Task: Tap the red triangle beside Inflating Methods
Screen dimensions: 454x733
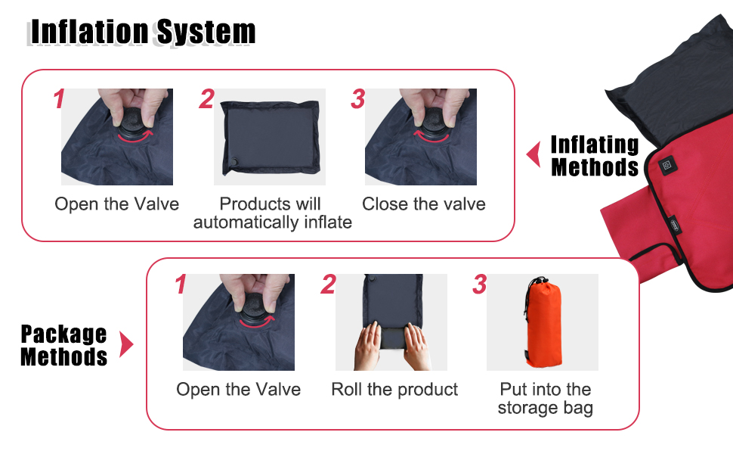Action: point(534,154)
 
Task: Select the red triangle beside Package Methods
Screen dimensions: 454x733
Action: point(126,346)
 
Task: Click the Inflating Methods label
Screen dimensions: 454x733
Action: point(595,155)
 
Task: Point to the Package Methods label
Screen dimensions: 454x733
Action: point(63,345)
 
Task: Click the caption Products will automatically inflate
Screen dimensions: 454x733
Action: point(272,213)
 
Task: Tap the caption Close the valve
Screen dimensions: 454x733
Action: point(423,204)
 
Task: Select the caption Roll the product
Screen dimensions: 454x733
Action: point(394,390)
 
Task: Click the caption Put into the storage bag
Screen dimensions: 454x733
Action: point(545,399)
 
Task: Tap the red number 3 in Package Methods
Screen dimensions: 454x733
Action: point(480,285)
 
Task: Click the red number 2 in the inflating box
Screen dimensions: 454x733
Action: point(206,100)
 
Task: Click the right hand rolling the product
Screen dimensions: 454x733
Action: point(417,344)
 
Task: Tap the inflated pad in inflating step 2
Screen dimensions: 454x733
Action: point(270,136)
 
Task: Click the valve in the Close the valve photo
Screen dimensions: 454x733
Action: point(431,122)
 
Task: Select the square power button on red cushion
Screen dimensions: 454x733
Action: point(668,164)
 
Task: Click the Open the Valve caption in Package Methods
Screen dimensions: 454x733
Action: point(238,390)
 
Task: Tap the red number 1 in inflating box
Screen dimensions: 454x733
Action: point(59,100)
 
